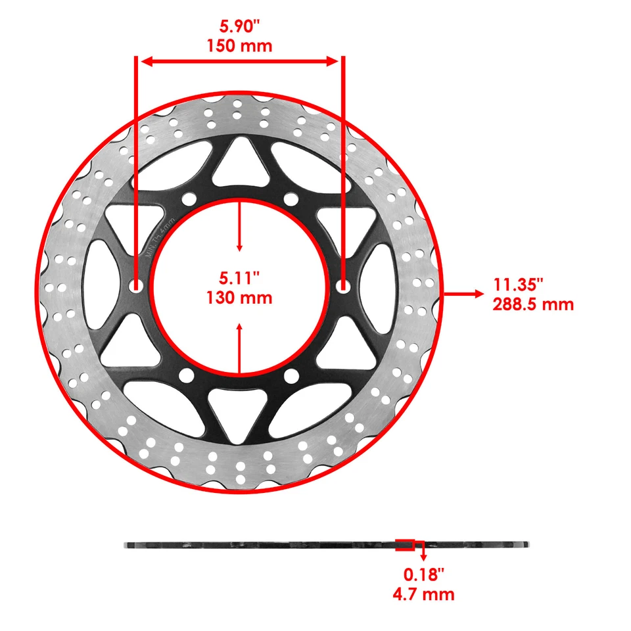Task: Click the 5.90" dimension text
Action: [240, 28]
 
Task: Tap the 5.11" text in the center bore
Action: [239, 278]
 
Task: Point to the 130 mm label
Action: [239, 297]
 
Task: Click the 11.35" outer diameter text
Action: [519, 285]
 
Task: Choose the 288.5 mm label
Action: [533, 304]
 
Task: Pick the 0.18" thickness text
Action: [424, 574]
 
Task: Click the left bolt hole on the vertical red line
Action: [136, 286]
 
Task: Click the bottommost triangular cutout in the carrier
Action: [240, 414]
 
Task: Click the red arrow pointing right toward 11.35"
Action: [463, 294]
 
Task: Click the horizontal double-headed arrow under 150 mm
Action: [240, 61]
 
